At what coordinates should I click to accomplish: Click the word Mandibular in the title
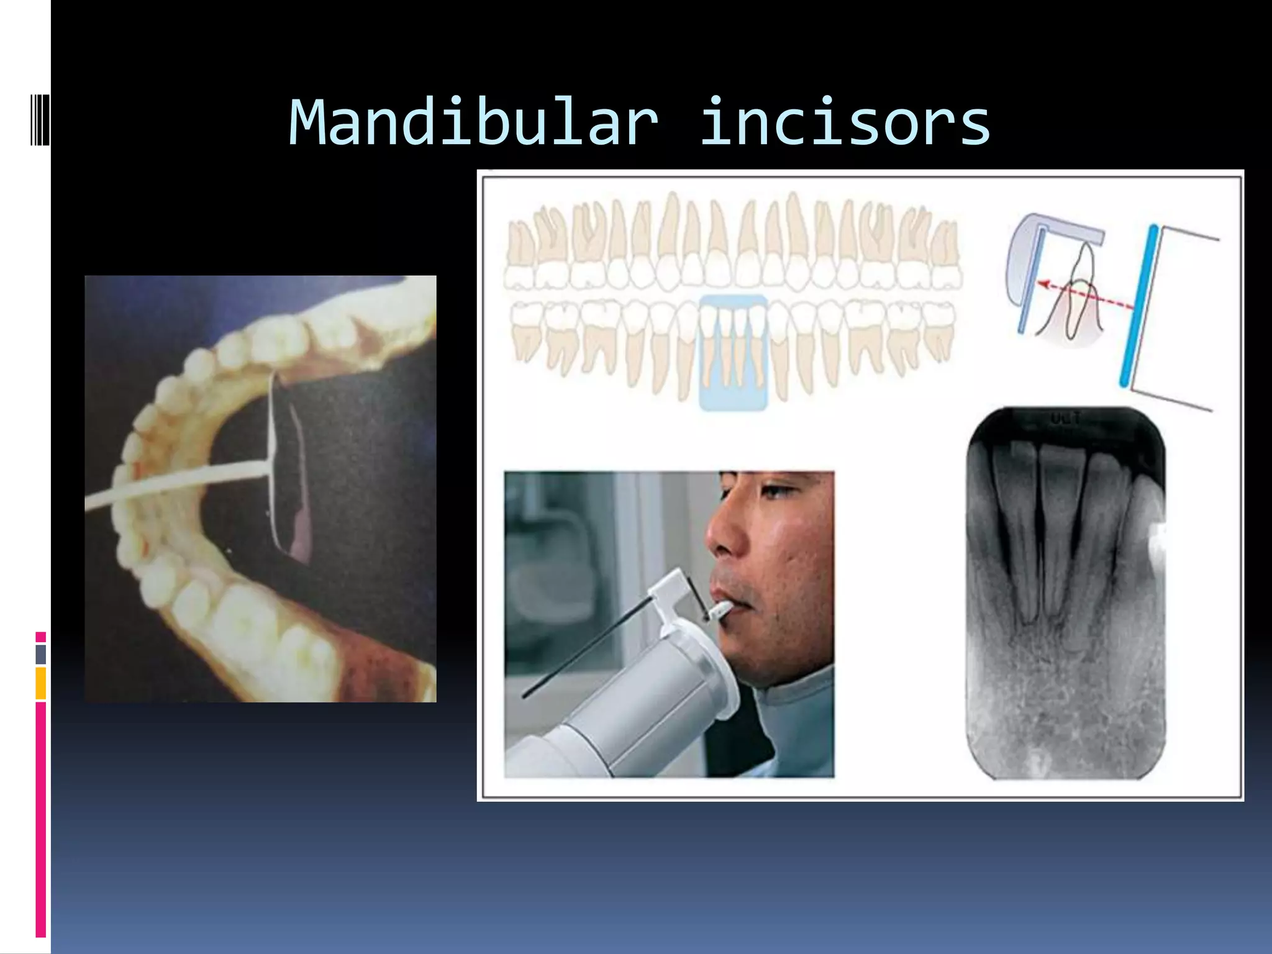(473, 124)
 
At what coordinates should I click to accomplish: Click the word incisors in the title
(845, 124)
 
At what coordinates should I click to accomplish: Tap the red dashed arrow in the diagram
(1084, 296)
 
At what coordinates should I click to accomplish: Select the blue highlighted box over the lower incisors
(734, 352)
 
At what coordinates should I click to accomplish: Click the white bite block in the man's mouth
(719, 611)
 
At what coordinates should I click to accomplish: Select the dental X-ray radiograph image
(1065, 593)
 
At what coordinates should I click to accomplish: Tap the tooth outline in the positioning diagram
(1081, 292)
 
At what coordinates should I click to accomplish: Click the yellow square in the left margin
(40, 683)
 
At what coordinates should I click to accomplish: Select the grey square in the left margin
(40, 655)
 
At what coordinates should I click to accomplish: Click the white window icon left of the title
(39, 119)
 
